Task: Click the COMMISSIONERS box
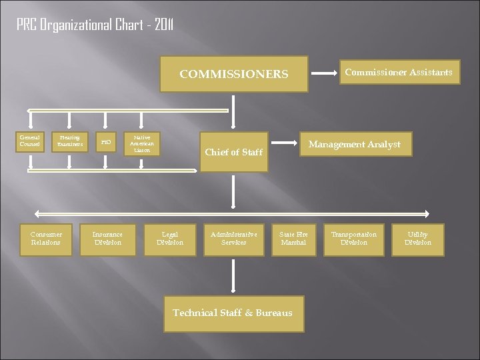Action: [233, 73]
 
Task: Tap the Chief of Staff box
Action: [233, 153]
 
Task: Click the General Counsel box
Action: [29, 140]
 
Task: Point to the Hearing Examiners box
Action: [69, 140]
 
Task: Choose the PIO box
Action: [105, 141]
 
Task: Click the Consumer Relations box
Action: [46, 238]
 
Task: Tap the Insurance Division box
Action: [107, 238]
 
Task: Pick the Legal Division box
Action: [169, 238]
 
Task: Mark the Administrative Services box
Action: [233, 238]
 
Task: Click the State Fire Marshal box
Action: [293, 238]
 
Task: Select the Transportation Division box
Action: [354, 238]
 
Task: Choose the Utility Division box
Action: [418, 238]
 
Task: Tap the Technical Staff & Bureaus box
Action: [233, 313]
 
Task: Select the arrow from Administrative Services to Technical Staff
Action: [233, 275]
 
